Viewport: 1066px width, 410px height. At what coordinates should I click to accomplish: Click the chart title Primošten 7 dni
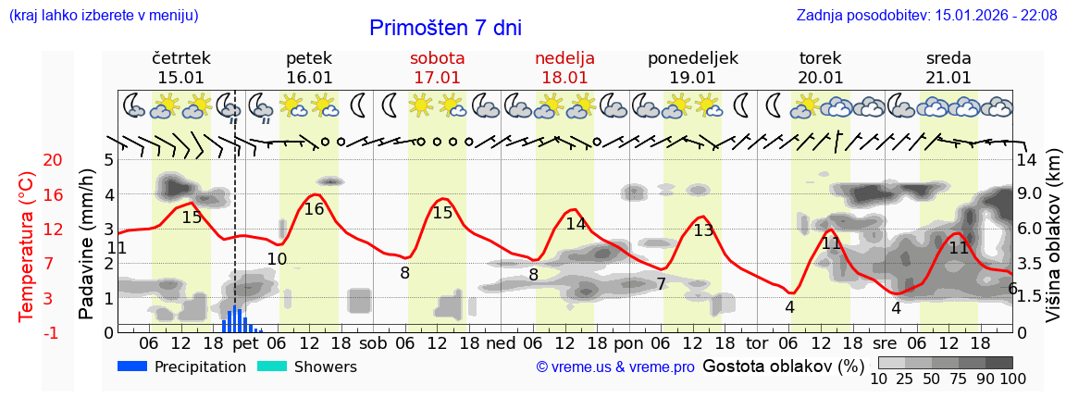point(445,28)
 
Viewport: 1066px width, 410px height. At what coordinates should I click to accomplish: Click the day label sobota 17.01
point(437,68)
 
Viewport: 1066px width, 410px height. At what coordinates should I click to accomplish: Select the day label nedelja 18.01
point(564,68)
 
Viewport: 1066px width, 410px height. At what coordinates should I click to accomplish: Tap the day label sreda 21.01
point(948,68)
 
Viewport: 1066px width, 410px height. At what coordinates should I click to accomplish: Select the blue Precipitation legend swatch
point(132,367)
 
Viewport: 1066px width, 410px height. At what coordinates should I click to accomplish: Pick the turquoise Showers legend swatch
point(272,367)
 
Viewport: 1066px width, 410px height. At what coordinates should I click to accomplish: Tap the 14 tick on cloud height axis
point(1027,159)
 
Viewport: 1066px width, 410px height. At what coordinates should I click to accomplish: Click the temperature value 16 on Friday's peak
point(314,209)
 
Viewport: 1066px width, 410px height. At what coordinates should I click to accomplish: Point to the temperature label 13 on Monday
point(703,230)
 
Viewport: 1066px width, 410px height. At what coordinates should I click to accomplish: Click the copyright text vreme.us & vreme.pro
point(615,367)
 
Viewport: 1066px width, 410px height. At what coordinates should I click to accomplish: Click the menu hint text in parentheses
point(103,15)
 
